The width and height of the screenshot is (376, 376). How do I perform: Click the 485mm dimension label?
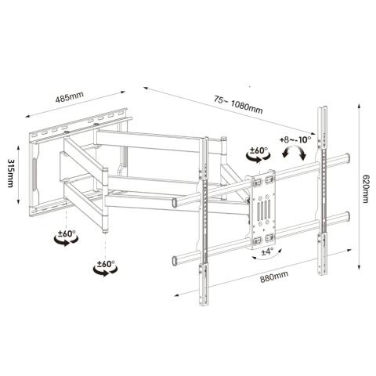click(70, 96)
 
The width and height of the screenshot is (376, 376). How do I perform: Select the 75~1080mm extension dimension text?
click(238, 104)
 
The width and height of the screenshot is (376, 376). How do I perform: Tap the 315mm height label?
click(10, 173)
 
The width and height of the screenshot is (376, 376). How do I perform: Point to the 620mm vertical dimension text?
click(365, 189)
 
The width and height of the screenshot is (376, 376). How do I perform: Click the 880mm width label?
click(274, 277)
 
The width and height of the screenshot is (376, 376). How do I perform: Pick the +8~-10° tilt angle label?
click(295, 140)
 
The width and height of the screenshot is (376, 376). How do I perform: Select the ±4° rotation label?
click(267, 251)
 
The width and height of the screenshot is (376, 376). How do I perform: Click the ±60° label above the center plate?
click(258, 151)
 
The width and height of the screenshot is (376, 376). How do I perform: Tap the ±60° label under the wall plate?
click(67, 233)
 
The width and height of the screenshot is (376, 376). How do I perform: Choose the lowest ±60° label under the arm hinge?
click(106, 264)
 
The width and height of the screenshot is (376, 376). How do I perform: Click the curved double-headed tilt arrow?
click(294, 153)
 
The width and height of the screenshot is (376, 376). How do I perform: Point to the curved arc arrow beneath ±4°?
click(267, 258)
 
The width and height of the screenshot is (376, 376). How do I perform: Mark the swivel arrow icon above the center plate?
click(258, 157)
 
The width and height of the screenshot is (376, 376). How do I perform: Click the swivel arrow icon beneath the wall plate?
click(66, 240)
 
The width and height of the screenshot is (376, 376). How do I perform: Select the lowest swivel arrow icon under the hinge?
click(105, 270)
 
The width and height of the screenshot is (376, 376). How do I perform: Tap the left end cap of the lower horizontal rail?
click(175, 261)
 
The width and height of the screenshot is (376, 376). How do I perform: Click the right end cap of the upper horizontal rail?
click(347, 157)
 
